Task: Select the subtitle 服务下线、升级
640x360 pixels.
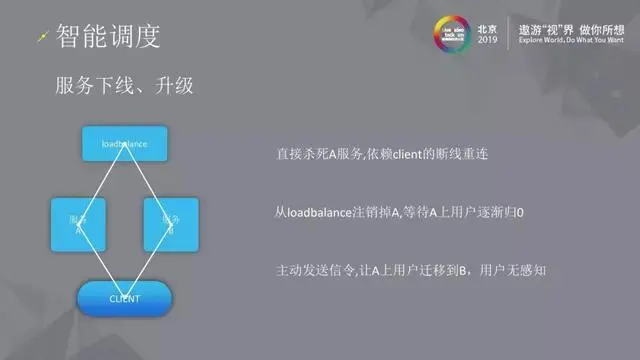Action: click(x=123, y=87)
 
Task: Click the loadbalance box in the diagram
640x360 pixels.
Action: click(x=125, y=144)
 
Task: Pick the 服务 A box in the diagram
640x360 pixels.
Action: click(x=76, y=224)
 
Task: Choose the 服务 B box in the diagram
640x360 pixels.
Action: click(x=171, y=224)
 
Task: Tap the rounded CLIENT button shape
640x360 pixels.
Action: click(x=125, y=298)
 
